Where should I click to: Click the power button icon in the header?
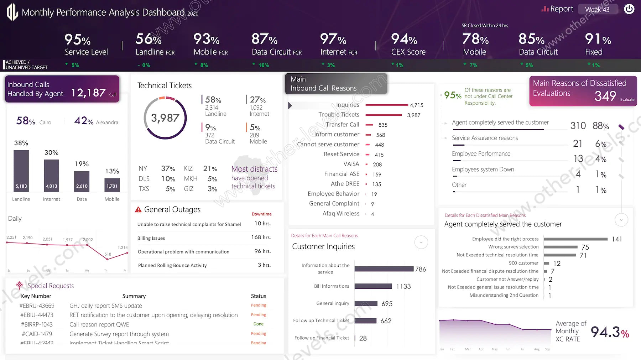tap(629, 9)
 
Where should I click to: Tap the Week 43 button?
tap(597, 10)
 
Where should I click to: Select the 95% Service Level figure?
tap(78, 40)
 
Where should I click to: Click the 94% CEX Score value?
tap(405, 39)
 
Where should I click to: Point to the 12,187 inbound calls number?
tap(88, 93)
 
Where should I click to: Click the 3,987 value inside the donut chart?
tap(165, 118)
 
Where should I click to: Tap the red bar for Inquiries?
tap(386, 105)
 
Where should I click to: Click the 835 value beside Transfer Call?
tap(383, 125)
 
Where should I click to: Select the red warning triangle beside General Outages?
tap(138, 210)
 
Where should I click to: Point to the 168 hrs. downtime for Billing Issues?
tap(261, 237)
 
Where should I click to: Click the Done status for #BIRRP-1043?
tap(259, 324)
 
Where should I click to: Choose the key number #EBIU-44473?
tap(37, 315)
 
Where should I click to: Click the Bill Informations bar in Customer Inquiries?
tap(373, 286)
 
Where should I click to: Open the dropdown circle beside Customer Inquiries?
tap(421, 242)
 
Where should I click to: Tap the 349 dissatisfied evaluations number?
tap(605, 96)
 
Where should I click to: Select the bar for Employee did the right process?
tap(575, 239)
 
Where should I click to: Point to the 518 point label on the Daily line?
tap(108, 254)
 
